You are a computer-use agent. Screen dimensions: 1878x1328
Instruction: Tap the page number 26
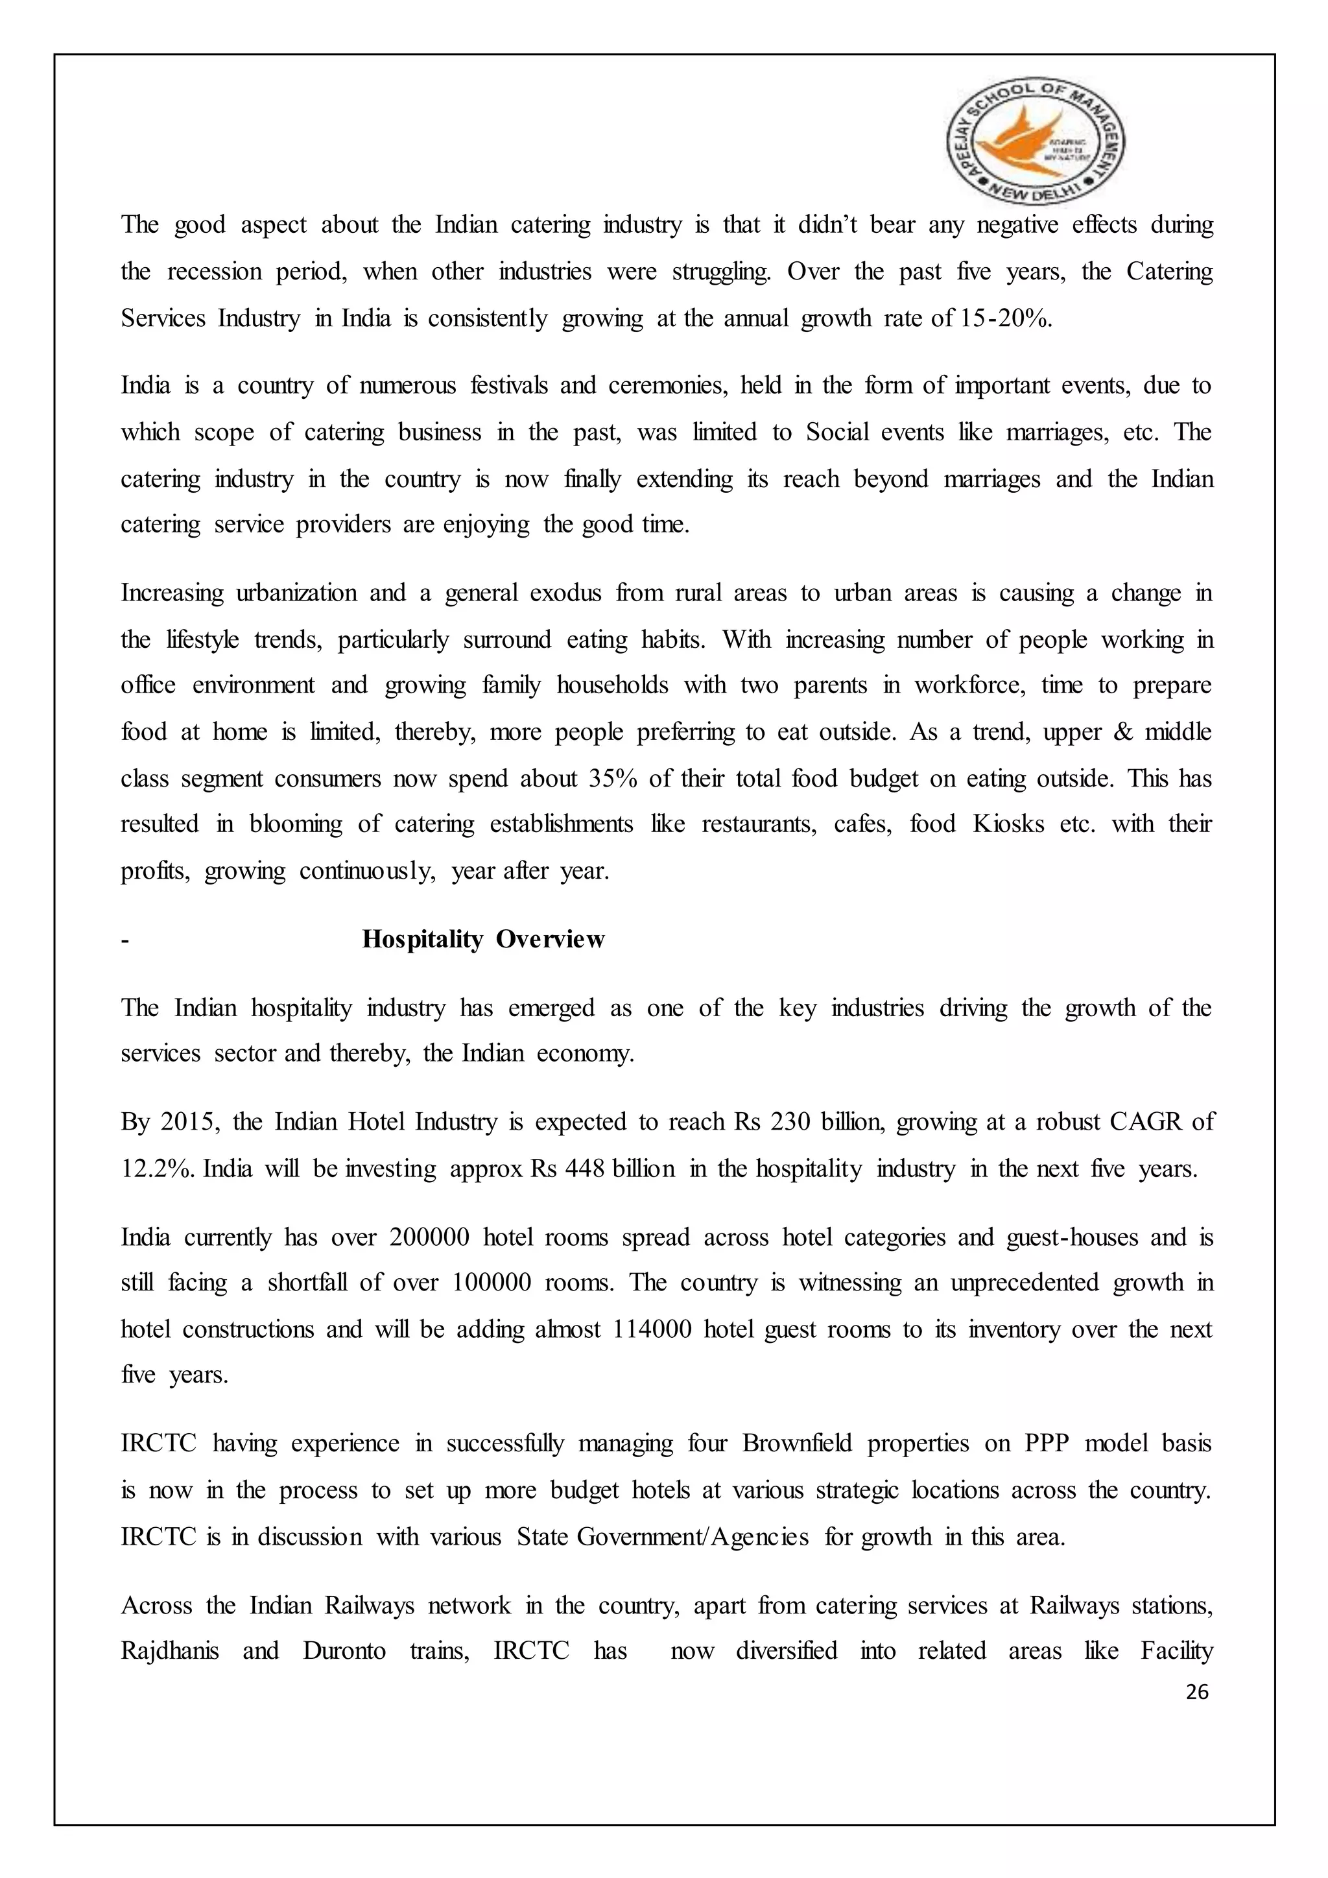[1196, 1691]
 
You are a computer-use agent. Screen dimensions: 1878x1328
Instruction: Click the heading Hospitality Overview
[482, 939]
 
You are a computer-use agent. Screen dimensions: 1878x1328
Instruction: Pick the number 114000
[652, 1329]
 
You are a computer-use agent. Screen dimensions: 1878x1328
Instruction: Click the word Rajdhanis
[170, 1650]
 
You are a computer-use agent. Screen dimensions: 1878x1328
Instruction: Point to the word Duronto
[344, 1650]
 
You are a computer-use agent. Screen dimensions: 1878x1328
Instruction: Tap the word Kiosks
[1008, 824]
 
